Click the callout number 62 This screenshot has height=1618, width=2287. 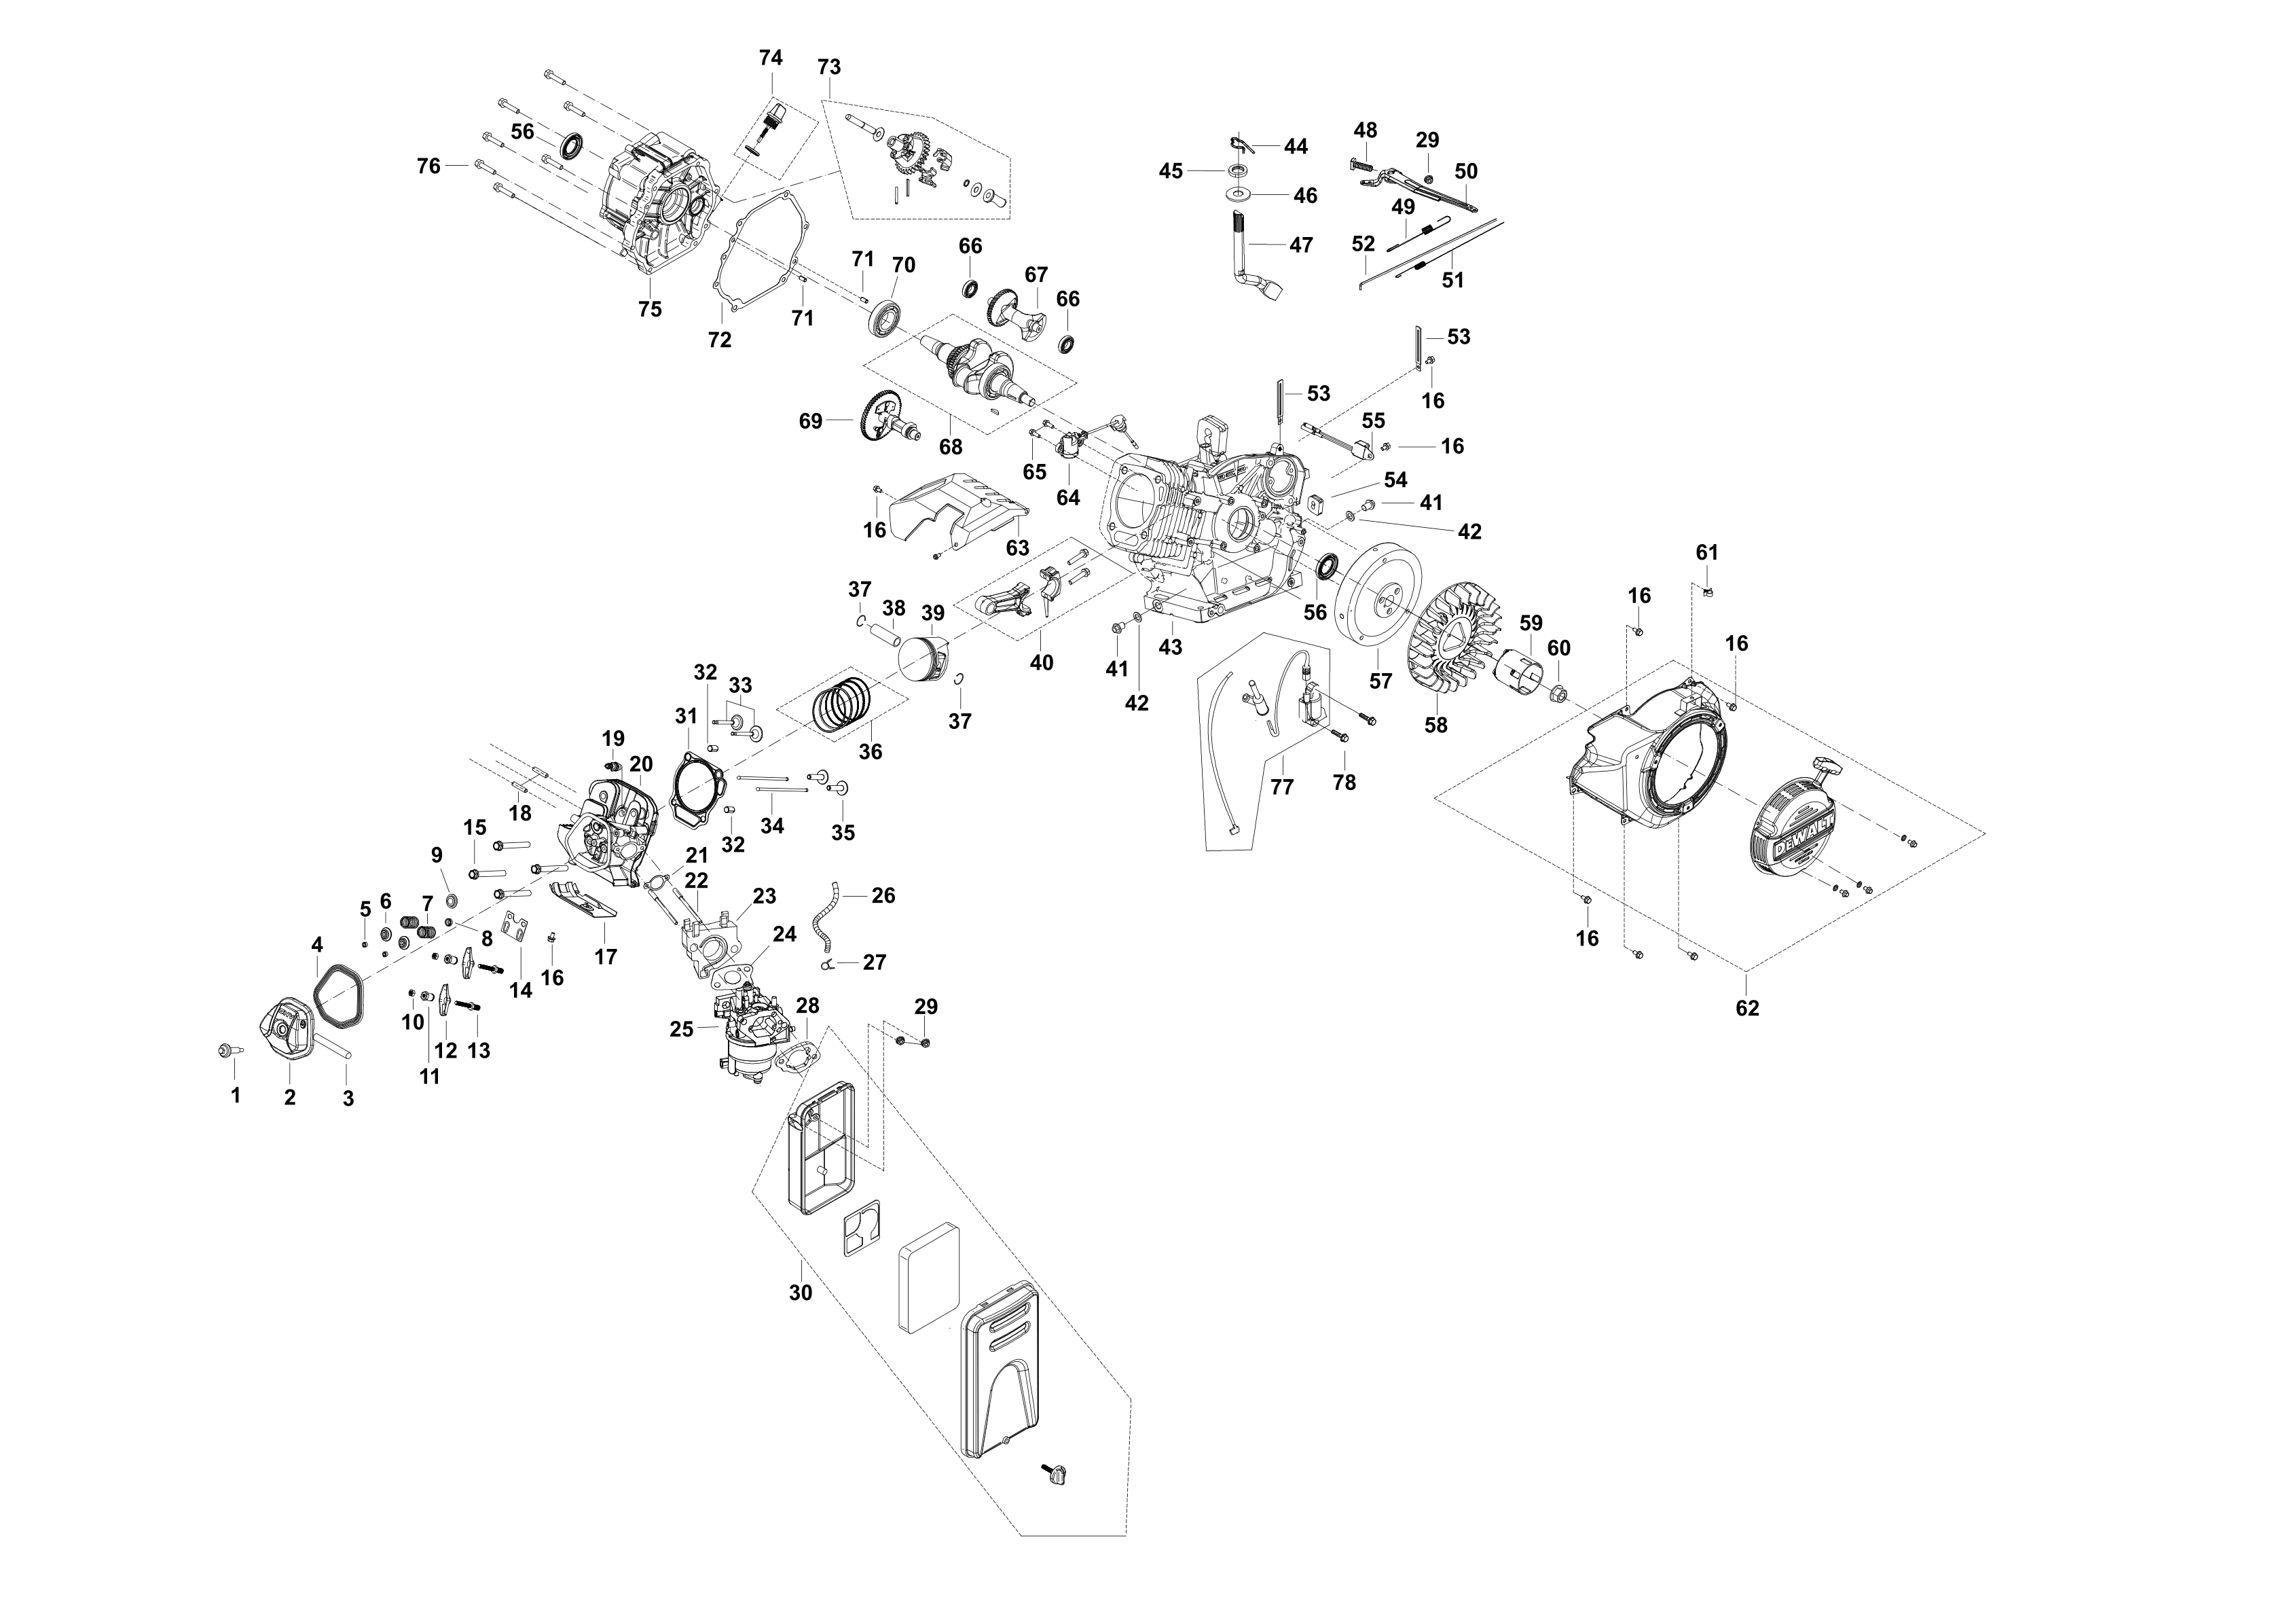click(1747, 1008)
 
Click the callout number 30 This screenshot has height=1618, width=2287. click(801, 1293)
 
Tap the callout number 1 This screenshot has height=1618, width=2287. click(236, 1096)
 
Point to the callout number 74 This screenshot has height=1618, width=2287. click(771, 58)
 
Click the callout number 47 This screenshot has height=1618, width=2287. click(1301, 245)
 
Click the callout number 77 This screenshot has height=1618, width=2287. click(1282, 787)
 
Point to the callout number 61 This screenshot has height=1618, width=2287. click(1707, 552)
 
